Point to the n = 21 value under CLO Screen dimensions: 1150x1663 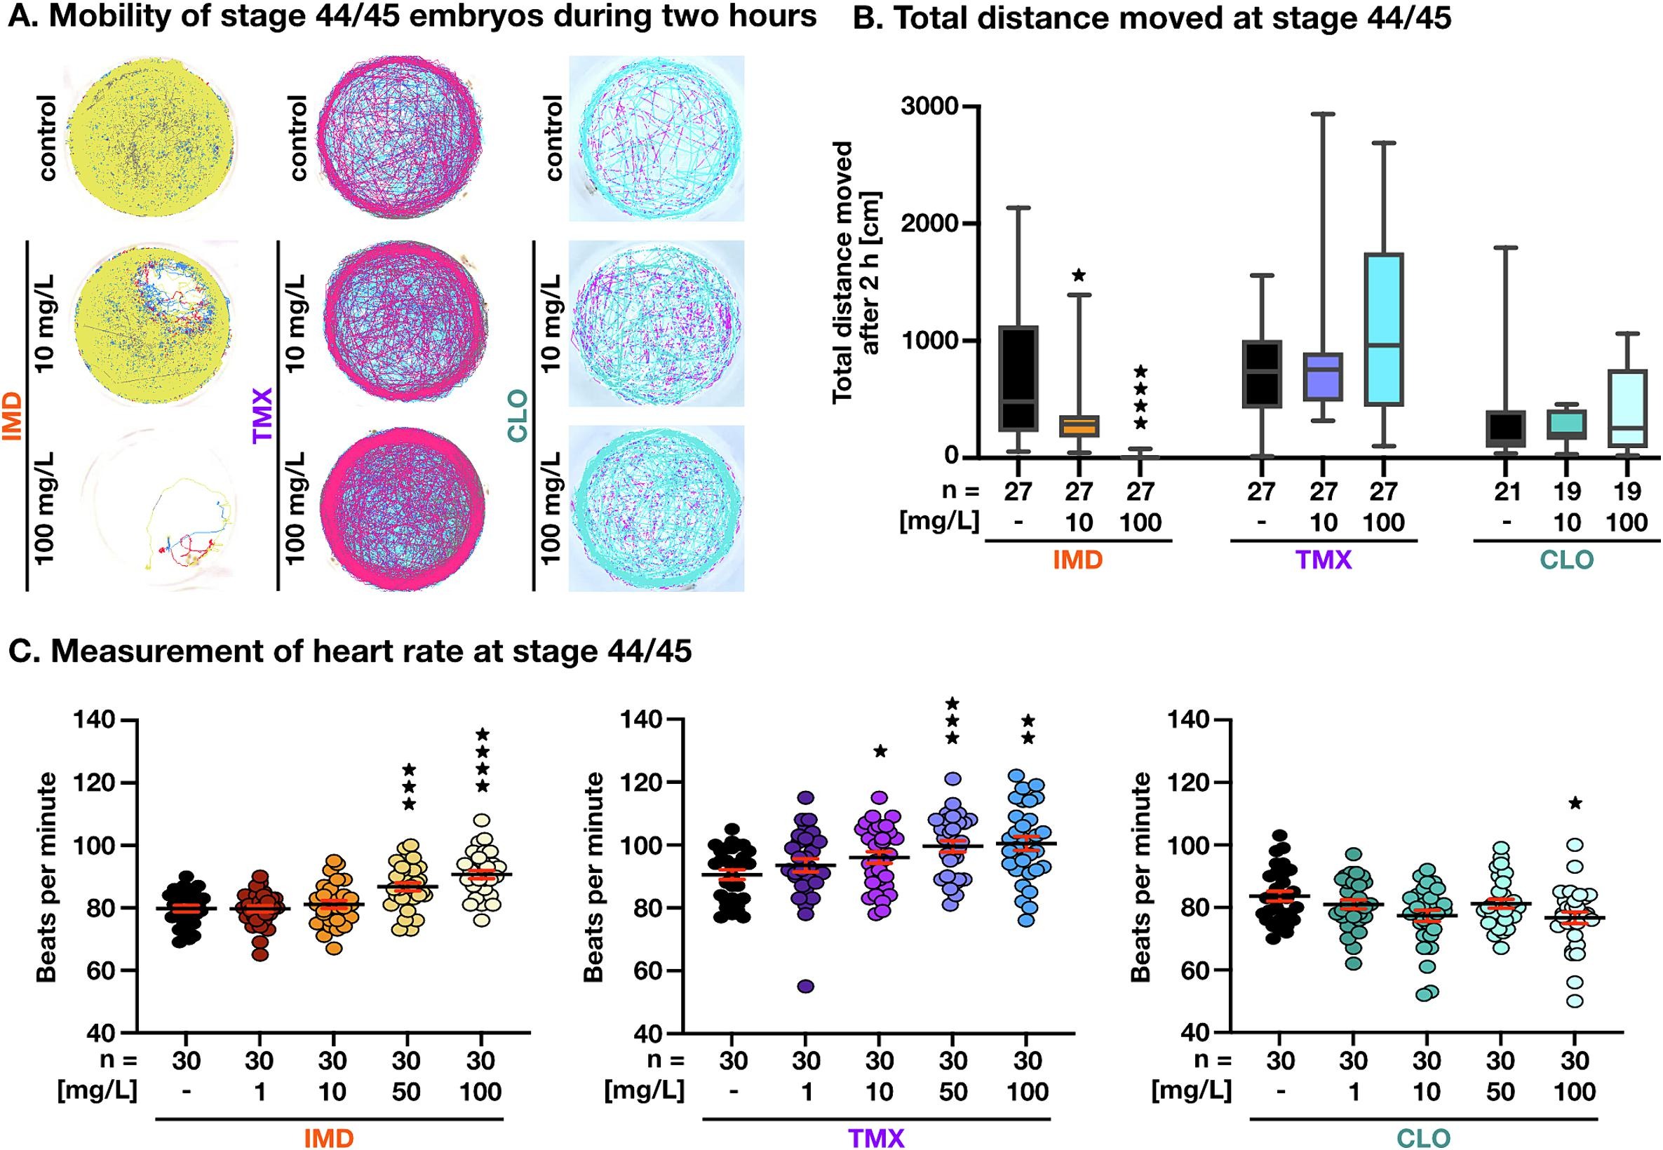point(1507,492)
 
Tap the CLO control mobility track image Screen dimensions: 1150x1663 point(657,138)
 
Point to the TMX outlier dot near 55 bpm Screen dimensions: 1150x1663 point(806,987)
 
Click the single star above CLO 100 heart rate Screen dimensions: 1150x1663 point(1576,803)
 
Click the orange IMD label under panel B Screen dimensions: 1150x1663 point(1078,559)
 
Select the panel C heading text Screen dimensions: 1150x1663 point(350,651)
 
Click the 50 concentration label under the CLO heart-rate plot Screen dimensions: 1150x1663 point(1501,1092)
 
